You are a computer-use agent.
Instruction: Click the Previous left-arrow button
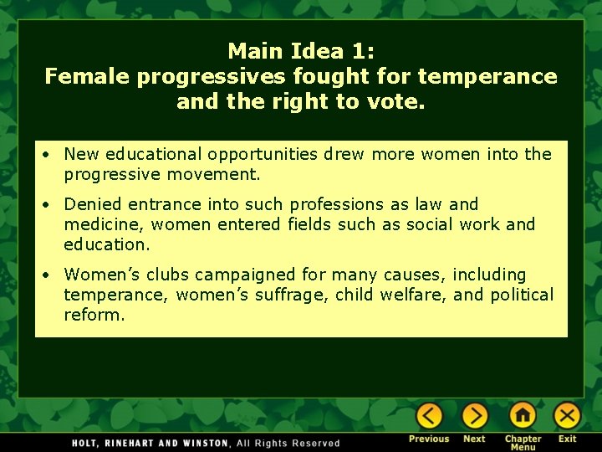pos(429,416)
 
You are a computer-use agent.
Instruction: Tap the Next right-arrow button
pos(474,416)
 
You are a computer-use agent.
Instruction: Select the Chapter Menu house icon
pos(523,416)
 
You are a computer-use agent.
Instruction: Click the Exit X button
pos(567,416)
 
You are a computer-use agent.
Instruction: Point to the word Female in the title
pos(88,77)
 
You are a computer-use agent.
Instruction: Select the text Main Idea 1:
pos(301,51)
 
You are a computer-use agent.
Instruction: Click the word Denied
pos(90,204)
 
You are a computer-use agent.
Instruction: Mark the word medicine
pos(101,224)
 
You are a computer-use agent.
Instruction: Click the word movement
pos(222,175)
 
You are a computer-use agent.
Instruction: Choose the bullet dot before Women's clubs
pos(51,275)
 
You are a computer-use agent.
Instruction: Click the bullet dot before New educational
pos(51,155)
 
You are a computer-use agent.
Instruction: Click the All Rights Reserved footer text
pos(288,443)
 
